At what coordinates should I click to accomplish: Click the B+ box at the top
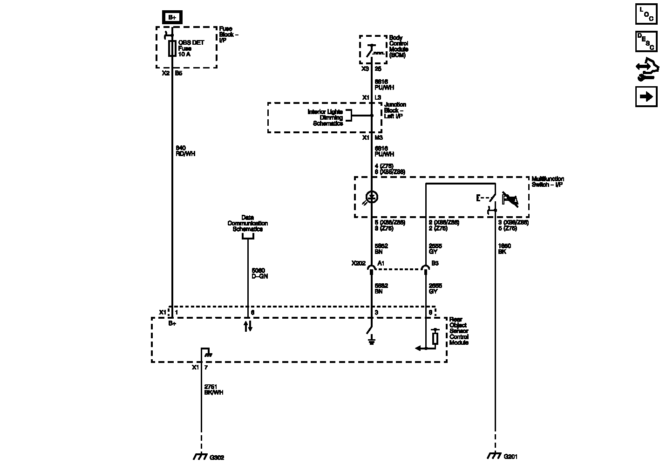172,17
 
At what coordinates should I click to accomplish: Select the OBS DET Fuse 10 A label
191,48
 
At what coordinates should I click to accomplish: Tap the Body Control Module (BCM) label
399,47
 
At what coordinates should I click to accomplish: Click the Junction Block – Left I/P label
395,110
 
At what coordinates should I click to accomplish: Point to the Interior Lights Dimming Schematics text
325,117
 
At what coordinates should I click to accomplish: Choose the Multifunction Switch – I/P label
548,182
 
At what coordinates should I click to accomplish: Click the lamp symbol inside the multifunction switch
372,197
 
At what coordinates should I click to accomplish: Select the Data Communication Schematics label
247,223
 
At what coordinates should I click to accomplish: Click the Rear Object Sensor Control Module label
459,331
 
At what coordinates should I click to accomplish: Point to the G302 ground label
217,458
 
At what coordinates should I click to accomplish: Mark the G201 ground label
510,457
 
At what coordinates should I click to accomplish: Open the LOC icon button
646,14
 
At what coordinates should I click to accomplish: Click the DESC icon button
646,41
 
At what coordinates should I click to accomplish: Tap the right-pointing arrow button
646,96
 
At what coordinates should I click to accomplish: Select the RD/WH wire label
186,154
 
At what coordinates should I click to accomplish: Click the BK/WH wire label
214,393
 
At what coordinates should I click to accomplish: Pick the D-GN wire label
259,276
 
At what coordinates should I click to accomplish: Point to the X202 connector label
359,263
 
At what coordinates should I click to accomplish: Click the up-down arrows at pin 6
248,326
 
